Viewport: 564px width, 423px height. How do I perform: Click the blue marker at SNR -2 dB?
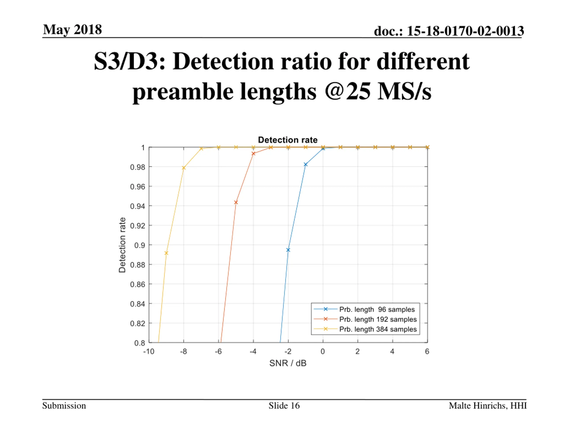(x=288, y=250)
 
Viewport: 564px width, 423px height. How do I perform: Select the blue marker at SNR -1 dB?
(x=305, y=164)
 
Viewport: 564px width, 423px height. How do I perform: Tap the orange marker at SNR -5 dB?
(x=236, y=202)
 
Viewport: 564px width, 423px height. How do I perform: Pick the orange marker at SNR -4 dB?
(x=253, y=154)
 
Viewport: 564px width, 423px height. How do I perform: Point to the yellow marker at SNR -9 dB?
(x=166, y=253)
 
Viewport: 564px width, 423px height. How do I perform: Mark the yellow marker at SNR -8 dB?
(x=184, y=168)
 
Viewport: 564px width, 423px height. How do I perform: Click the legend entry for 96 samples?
(x=377, y=309)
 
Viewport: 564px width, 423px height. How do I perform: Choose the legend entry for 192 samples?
(x=378, y=319)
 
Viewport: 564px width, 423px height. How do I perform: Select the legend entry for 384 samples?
(x=378, y=329)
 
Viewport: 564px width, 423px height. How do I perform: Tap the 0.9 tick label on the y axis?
(x=139, y=245)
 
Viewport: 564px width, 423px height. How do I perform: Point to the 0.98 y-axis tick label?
(x=137, y=167)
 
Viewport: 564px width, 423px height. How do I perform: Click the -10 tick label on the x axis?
(x=149, y=352)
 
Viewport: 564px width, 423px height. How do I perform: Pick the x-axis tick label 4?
(x=392, y=352)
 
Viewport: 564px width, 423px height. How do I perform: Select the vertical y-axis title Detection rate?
(x=122, y=245)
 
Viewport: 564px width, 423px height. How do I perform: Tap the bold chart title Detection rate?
(x=288, y=140)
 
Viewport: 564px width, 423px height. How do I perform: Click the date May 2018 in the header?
(x=72, y=30)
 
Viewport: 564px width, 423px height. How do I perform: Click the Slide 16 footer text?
(x=284, y=405)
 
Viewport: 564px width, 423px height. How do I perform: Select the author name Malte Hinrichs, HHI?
(x=488, y=405)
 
